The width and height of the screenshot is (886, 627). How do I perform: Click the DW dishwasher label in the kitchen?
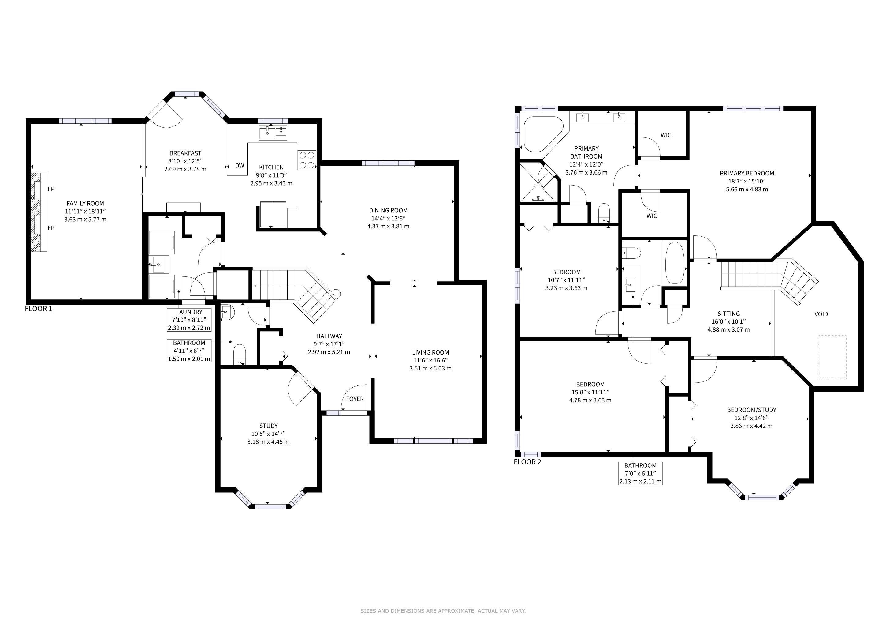240,166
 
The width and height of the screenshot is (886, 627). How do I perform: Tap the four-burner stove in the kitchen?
307,160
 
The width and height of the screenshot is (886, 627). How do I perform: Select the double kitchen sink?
273,133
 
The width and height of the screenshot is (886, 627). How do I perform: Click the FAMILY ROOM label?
85,204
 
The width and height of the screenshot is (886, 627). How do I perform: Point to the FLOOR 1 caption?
39,309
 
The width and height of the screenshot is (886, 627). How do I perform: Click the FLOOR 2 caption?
527,462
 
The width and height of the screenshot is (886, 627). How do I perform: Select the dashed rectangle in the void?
832,357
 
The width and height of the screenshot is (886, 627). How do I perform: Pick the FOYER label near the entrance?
355,399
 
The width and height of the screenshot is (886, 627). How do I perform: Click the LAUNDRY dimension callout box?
189,320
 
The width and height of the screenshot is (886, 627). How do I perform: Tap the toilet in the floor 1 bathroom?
240,354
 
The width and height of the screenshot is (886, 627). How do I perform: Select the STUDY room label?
269,426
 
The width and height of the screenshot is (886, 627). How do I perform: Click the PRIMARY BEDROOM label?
747,173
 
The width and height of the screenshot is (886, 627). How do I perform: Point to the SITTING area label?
728,314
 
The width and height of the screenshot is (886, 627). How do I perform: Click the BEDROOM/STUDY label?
751,410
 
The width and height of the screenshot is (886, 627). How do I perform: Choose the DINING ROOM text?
388,210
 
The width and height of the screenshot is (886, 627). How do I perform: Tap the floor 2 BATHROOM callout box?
641,473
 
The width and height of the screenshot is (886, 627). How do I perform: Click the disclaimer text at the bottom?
443,611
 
